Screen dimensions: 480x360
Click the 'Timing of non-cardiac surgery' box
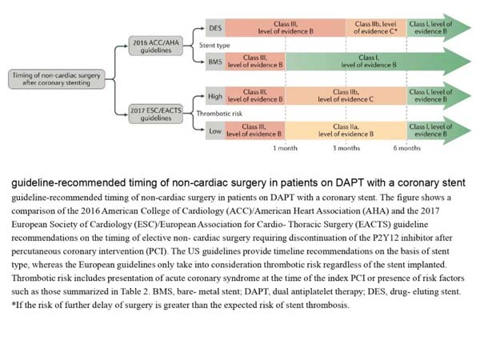tap(57, 79)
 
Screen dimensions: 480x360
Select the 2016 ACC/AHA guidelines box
tap(156, 46)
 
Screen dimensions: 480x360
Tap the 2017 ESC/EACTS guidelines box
tap(156, 114)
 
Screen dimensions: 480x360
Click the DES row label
tap(215, 28)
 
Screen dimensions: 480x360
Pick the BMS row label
tap(215, 62)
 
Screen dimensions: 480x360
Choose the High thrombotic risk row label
tap(215, 96)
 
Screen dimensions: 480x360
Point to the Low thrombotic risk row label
tap(215, 130)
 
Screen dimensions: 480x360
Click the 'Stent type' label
tap(214, 46)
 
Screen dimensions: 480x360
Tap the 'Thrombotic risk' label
tap(219, 114)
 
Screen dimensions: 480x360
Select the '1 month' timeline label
tap(285, 148)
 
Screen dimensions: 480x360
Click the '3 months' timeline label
tap(346, 148)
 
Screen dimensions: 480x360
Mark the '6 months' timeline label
tap(407, 148)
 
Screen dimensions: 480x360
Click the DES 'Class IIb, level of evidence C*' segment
tap(376, 28)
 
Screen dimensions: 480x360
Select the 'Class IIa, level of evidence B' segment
tap(346, 130)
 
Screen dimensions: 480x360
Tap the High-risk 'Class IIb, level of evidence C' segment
tap(346, 96)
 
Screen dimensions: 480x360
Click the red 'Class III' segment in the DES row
tap(286, 28)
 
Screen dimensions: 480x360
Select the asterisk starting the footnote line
tap(14, 304)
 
